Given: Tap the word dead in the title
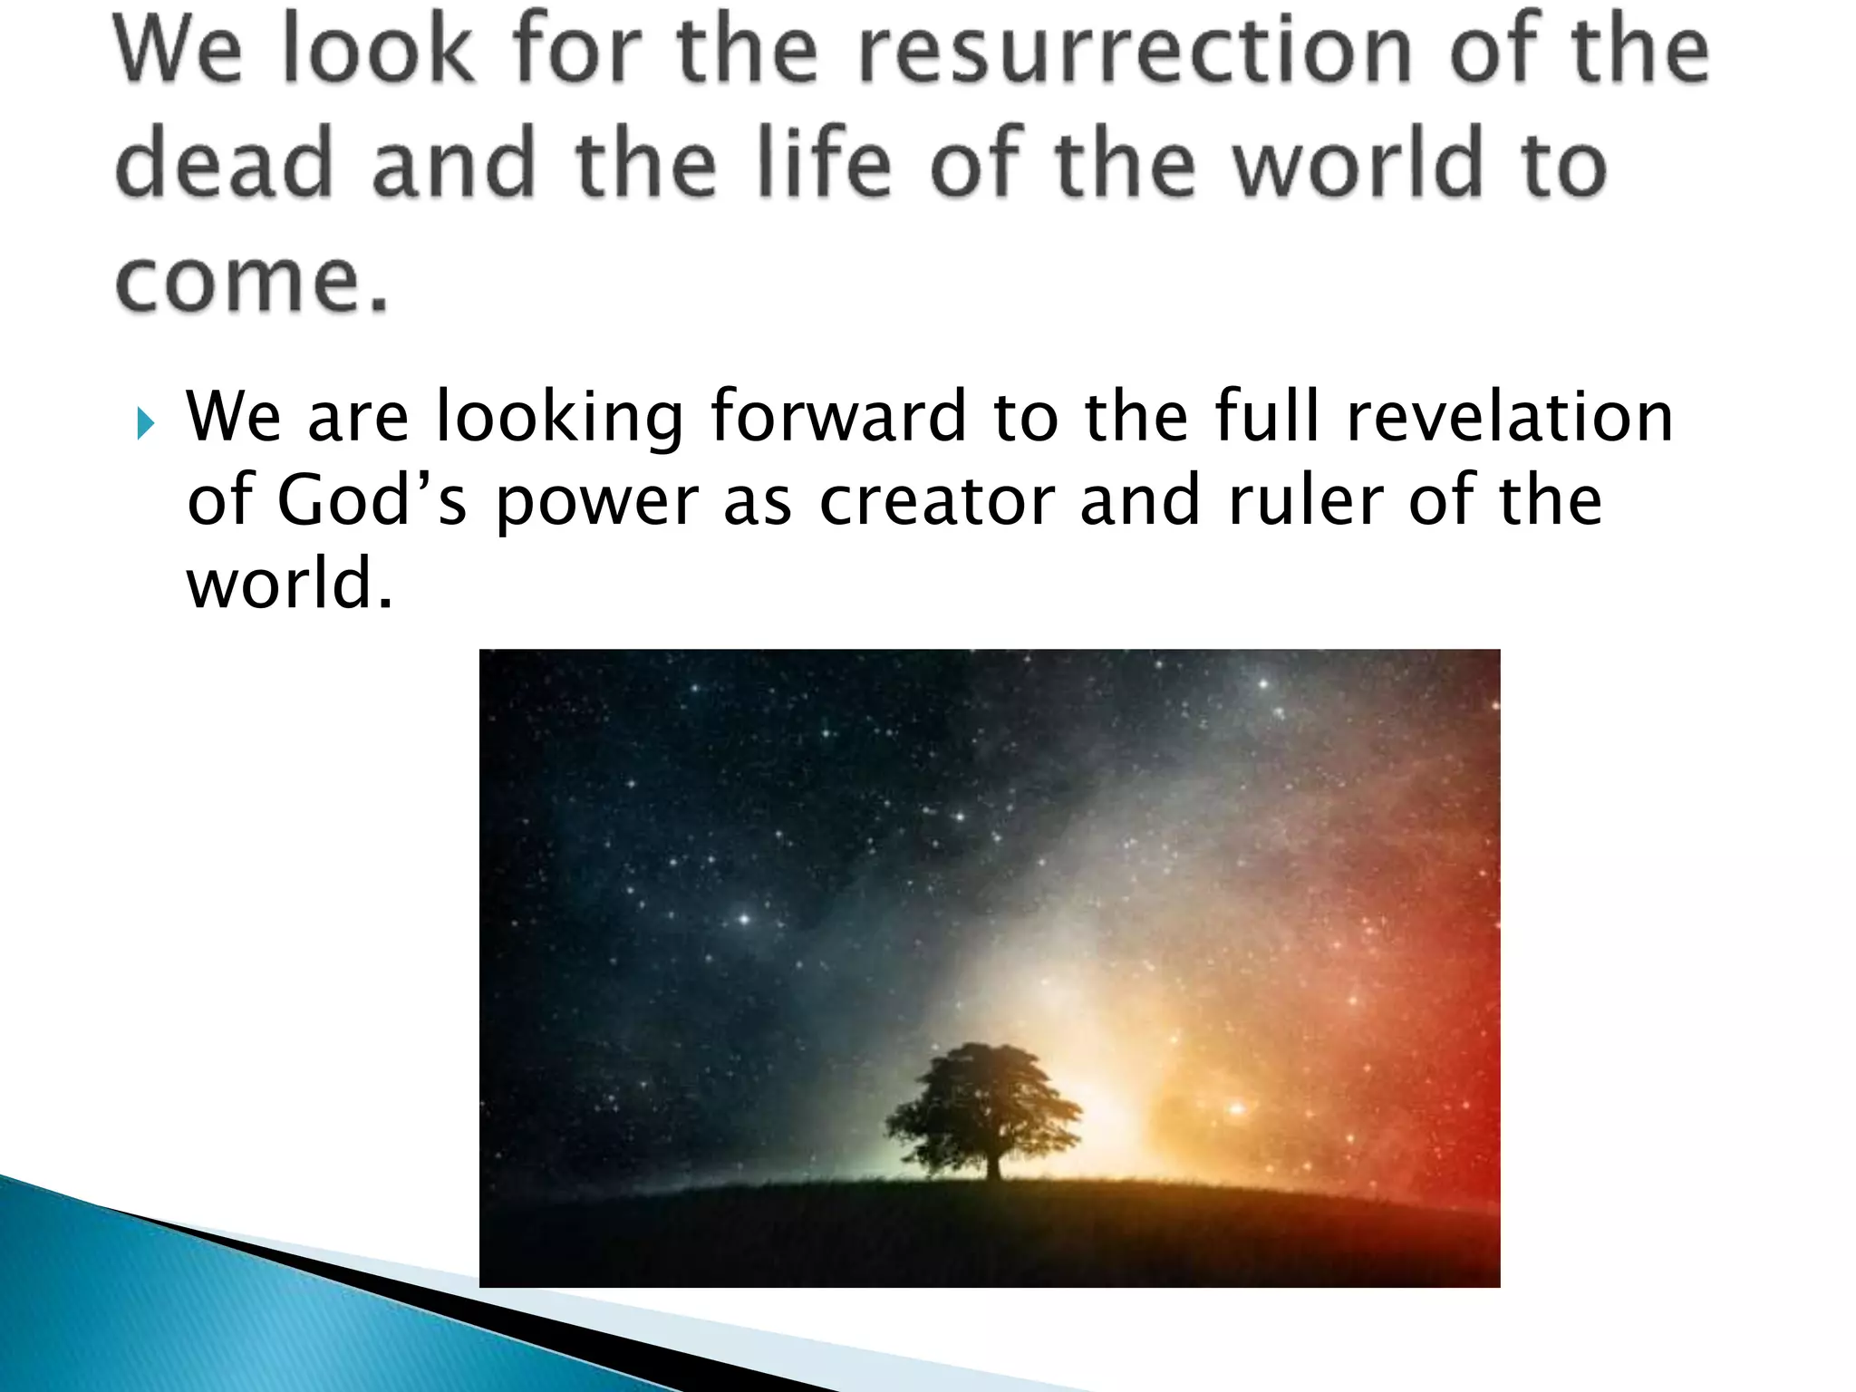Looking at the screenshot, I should [223, 163].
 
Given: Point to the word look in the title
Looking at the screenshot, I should [379, 49].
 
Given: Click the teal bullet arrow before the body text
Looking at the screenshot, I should [145, 423].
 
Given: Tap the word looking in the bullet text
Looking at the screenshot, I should [559, 419].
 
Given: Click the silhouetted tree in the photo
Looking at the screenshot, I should [983, 1101].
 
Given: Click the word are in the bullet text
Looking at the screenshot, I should [358, 419].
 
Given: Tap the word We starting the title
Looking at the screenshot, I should [178, 49].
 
